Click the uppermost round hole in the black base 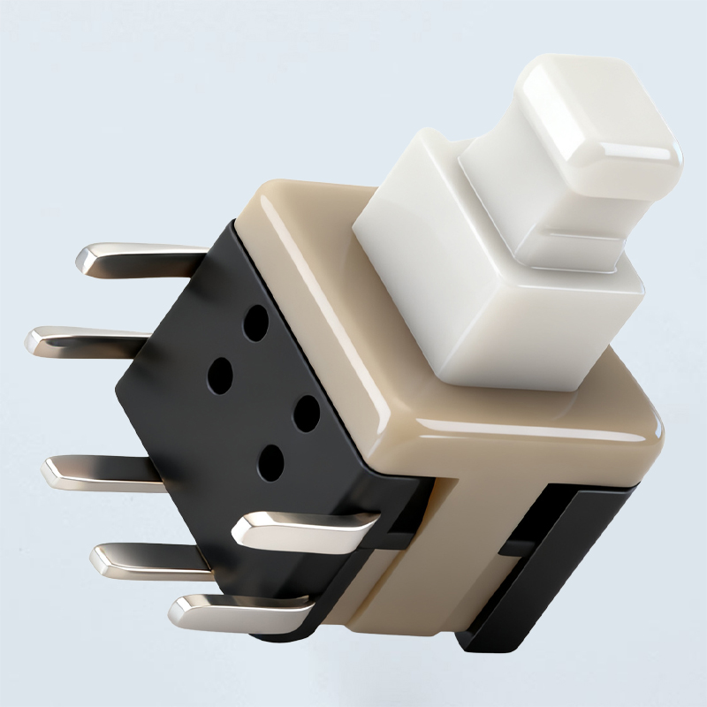click(x=256, y=323)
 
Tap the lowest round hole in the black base click(x=270, y=461)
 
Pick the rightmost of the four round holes click(x=306, y=413)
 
